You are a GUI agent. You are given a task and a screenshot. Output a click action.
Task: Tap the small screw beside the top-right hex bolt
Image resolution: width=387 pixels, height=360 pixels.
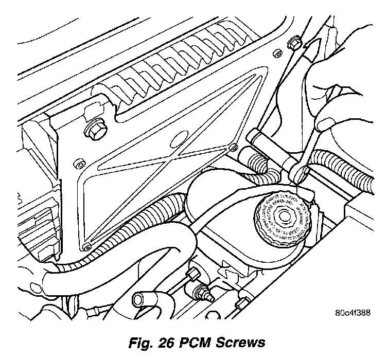click(276, 52)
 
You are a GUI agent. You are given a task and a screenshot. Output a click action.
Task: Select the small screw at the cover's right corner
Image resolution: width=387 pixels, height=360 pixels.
click(234, 146)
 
